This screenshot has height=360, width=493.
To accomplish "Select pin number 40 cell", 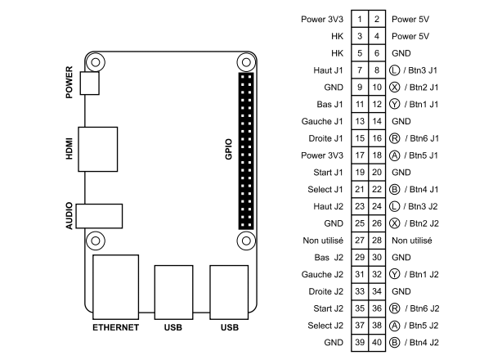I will pos(377,342).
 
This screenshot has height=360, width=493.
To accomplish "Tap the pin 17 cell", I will pos(359,155).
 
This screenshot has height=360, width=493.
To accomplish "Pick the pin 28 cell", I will pos(377,241).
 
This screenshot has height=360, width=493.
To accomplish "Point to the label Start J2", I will pos(328,308).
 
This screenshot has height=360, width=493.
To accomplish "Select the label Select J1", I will pos(326,190).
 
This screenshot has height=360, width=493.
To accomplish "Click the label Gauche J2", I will pos(325,275).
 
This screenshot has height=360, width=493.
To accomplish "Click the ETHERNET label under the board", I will pos(115,328).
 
